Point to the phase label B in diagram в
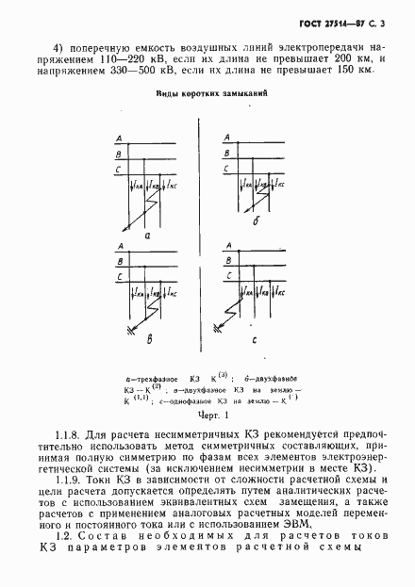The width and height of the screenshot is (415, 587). (x=120, y=264)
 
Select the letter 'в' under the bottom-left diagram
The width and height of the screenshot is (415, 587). (x=147, y=335)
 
